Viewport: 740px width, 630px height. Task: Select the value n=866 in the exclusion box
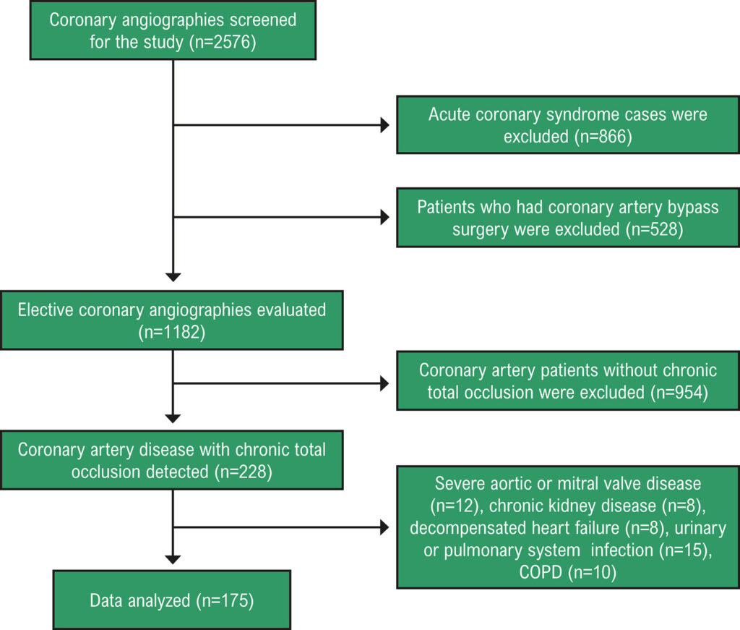point(603,137)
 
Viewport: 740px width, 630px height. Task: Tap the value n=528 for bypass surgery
point(654,229)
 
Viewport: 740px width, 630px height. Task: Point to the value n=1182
point(172,332)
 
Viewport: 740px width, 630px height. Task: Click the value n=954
point(679,393)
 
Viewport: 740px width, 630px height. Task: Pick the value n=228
point(243,472)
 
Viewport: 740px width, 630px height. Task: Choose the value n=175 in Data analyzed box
point(225,601)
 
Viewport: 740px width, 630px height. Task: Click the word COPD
point(541,572)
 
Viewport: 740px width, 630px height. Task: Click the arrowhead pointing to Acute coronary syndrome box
point(384,125)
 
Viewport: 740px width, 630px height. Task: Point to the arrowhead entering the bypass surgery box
point(384,217)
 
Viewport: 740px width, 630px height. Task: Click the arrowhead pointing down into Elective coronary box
point(173,277)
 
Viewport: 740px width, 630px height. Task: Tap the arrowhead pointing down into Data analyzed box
point(173,560)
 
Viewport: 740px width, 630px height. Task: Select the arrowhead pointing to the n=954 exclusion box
point(384,383)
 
